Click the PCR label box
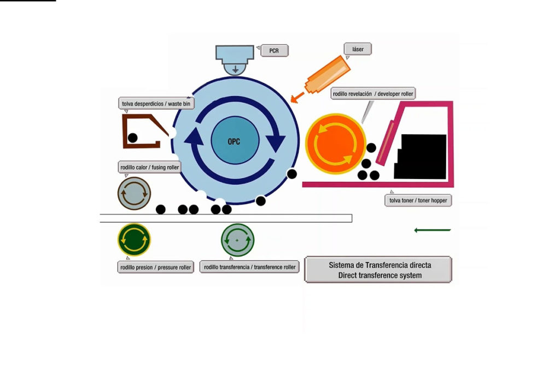[x=274, y=51]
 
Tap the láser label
[x=358, y=49]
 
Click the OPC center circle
[x=234, y=141]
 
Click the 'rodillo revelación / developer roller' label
[x=374, y=94]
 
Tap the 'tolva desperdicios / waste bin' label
[x=156, y=103]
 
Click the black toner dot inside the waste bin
[x=133, y=138]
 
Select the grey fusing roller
[x=134, y=193]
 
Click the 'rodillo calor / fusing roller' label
[x=149, y=167]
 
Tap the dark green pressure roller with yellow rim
[x=134, y=239]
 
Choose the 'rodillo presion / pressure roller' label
[x=156, y=268]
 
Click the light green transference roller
[x=237, y=240]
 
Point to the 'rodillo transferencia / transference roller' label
[x=249, y=267]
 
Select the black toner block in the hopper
[x=422, y=156]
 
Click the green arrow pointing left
[x=432, y=230]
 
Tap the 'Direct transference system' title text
[x=380, y=275]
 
